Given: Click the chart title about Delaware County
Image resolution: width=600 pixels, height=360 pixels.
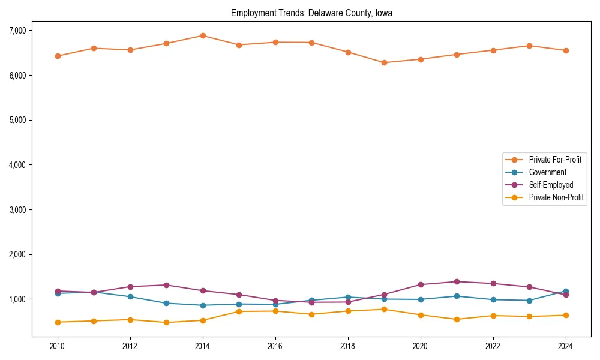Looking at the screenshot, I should (311, 13).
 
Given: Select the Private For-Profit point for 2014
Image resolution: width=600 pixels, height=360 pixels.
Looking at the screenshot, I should (203, 35).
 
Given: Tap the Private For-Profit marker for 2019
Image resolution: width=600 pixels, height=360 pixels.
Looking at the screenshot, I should (384, 62).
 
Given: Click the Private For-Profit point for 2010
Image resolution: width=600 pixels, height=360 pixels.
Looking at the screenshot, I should (58, 56).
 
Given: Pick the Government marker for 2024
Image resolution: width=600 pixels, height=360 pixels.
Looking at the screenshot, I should (566, 291).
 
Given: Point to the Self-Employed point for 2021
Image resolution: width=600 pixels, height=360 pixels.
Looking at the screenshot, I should (457, 281).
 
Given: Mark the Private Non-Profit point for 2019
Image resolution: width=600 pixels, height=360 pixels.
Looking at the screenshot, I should (384, 309).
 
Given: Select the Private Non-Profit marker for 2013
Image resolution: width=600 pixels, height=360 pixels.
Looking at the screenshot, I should (166, 322).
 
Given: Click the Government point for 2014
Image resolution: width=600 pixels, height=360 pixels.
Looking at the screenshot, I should (203, 305).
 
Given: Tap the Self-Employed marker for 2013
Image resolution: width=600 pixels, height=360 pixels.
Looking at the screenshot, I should (166, 285).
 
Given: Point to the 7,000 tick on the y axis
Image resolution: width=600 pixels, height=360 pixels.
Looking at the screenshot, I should (16, 31).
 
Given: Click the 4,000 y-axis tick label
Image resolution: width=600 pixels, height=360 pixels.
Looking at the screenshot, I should (16, 165).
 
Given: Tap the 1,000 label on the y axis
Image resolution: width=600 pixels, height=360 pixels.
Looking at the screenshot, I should (16, 299).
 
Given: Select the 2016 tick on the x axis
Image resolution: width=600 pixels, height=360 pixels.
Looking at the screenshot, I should (275, 346).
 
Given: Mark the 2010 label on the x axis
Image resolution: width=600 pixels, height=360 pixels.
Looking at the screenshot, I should (58, 346).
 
